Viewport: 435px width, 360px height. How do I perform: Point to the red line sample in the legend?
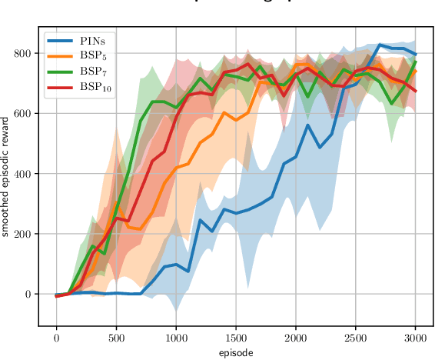click(60, 87)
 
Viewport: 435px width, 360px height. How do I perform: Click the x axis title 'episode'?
click(236, 353)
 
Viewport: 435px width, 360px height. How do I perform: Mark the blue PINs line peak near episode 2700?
click(380, 45)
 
